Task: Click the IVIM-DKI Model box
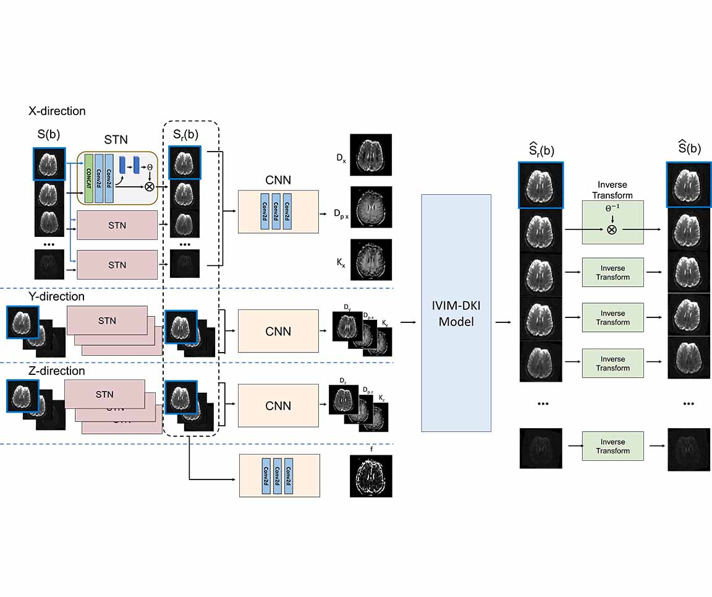click(456, 313)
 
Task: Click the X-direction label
click(57, 111)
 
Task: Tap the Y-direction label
click(56, 296)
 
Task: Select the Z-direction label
click(56, 371)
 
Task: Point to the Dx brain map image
click(371, 155)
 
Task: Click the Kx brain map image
click(371, 260)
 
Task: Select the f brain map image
click(371, 476)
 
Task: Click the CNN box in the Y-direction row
click(278, 331)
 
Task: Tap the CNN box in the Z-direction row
click(278, 406)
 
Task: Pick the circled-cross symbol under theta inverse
click(612, 229)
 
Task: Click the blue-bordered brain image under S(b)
click(49, 163)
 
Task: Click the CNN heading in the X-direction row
click(278, 181)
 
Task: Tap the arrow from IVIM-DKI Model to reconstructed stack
click(504, 322)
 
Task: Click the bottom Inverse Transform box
click(612, 446)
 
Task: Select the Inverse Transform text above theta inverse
click(612, 190)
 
